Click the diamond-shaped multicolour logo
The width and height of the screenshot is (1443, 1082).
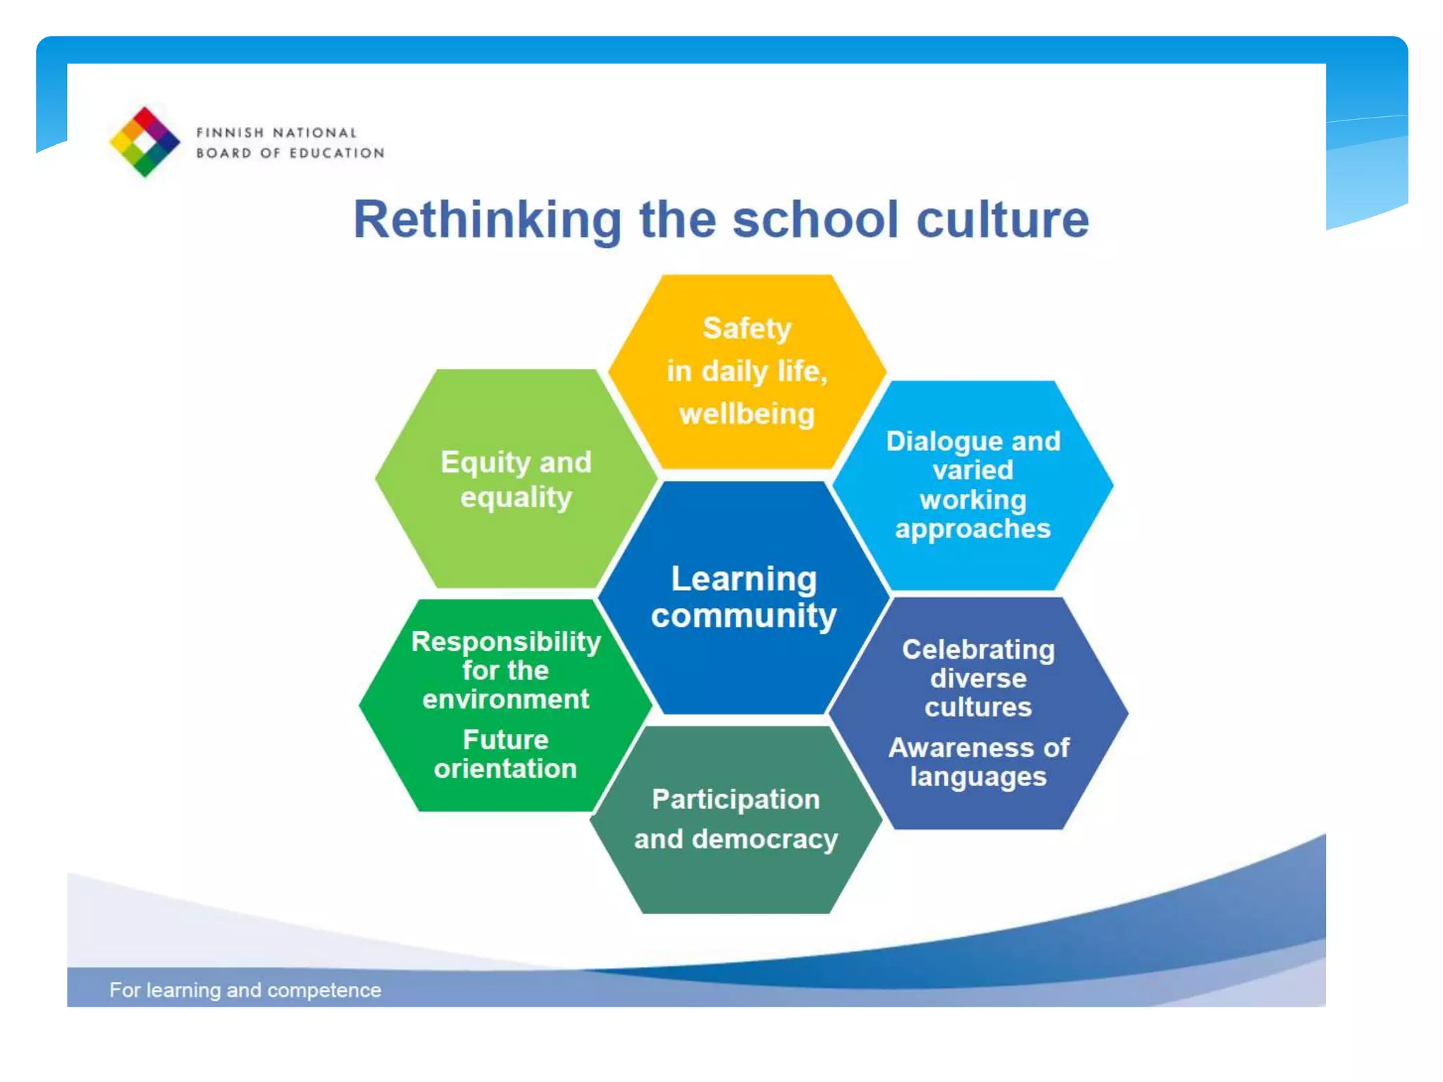coord(144,142)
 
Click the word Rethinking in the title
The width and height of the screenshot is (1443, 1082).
coord(487,220)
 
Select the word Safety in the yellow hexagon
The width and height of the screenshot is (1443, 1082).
coord(747,328)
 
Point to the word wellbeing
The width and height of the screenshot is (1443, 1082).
coord(747,413)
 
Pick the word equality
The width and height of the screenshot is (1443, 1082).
coord(516,497)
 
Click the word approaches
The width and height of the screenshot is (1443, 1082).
coord(972,528)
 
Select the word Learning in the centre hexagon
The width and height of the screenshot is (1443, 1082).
coord(743,579)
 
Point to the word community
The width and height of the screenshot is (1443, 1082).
coord(743,616)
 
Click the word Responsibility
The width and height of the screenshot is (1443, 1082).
coord(506,641)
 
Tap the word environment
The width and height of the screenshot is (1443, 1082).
coord(506,699)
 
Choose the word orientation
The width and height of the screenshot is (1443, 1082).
coord(506,768)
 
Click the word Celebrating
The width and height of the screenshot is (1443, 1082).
coord(978,649)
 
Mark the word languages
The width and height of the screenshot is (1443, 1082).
coord(978,776)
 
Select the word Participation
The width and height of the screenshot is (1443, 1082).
coord(736,799)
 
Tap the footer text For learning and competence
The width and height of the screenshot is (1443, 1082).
coord(245,990)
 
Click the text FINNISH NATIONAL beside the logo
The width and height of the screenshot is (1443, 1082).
coord(276,132)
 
